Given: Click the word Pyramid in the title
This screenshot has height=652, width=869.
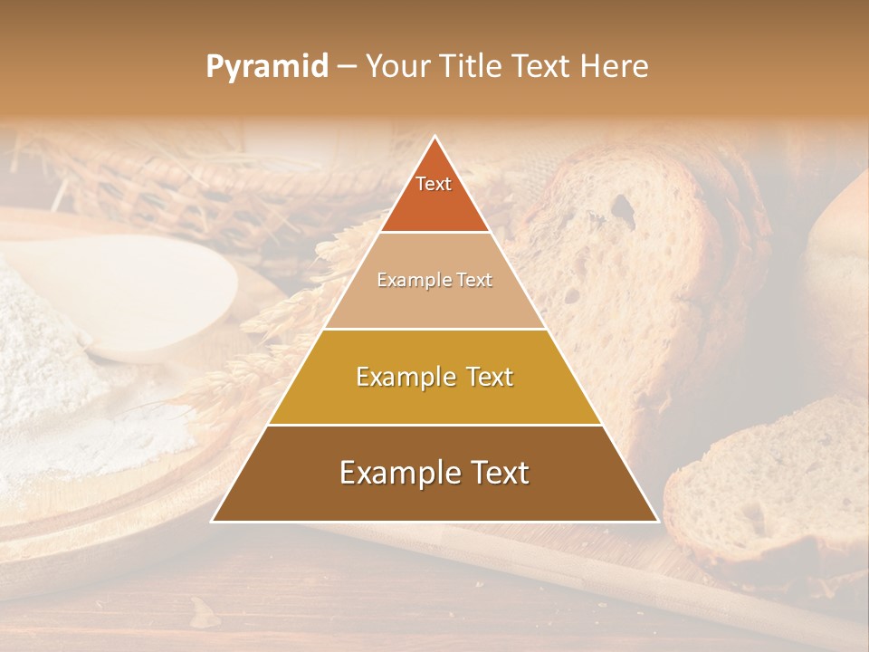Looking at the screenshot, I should click(x=266, y=67).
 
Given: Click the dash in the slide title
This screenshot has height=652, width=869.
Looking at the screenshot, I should click(x=347, y=67).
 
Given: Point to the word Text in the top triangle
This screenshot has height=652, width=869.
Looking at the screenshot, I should click(x=434, y=184).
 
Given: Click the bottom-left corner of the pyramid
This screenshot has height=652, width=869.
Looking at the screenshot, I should click(x=213, y=521).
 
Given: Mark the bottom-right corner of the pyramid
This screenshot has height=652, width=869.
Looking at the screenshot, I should click(x=657, y=521).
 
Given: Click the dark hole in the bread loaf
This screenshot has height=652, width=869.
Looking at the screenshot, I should click(x=622, y=206).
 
